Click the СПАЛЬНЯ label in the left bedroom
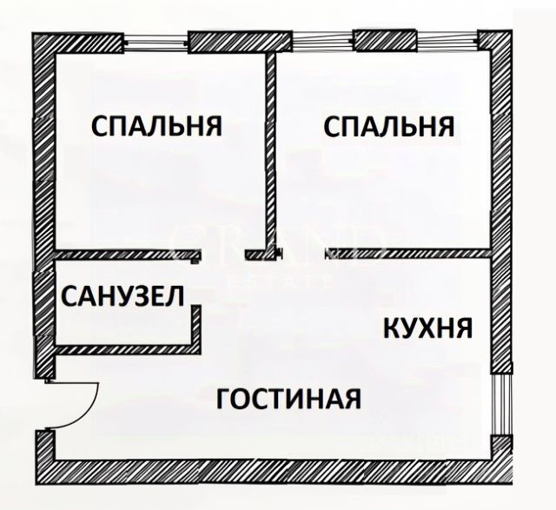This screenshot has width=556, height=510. (156, 127)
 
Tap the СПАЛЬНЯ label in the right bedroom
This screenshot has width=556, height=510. (389, 127)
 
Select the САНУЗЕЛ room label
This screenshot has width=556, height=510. (122, 297)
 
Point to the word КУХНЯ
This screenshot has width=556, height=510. (428, 328)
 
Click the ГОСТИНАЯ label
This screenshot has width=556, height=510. (289, 400)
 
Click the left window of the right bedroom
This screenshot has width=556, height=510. (322, 40)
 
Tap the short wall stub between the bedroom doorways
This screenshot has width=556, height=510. (261, 255)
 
